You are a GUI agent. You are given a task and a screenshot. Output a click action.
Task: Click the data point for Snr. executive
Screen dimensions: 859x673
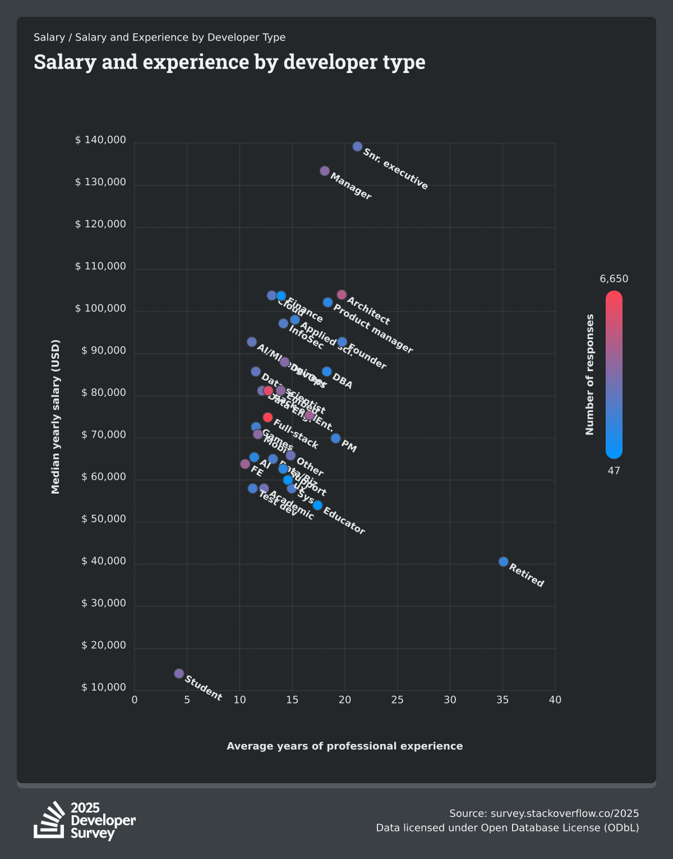point(357,147)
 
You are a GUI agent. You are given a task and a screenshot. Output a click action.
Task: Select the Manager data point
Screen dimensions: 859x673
point(325,171)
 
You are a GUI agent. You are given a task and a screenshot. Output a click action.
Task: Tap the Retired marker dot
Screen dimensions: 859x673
point(503,561)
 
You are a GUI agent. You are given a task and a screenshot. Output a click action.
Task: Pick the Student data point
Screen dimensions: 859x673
point(179,673)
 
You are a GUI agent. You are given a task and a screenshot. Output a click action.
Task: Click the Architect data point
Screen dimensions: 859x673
point(342,295)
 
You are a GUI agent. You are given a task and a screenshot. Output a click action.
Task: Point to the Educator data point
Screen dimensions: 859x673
point(317,505)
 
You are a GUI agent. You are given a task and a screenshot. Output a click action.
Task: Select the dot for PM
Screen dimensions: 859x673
point(335,438)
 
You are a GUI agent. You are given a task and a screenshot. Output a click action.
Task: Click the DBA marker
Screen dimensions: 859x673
point(326,371)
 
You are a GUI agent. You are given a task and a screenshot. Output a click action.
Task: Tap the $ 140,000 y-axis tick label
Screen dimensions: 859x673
point(101,140)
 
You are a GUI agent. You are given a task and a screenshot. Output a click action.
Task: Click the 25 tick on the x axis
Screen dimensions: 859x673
point(397,700)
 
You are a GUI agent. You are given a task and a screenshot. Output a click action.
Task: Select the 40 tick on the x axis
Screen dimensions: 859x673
point(555,700)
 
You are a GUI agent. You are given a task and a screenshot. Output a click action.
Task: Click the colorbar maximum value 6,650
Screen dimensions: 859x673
point(614,279)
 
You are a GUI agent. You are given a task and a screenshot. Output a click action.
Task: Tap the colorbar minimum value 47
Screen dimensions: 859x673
point(614,470)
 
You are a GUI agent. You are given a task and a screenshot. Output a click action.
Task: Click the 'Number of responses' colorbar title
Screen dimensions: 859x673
point(589,374)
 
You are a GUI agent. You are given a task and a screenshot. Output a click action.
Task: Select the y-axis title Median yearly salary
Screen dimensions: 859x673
point(56,417)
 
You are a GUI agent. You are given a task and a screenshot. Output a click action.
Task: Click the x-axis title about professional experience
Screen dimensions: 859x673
point(345,746)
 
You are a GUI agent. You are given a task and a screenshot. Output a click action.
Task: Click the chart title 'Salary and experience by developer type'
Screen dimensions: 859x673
point(229,62)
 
